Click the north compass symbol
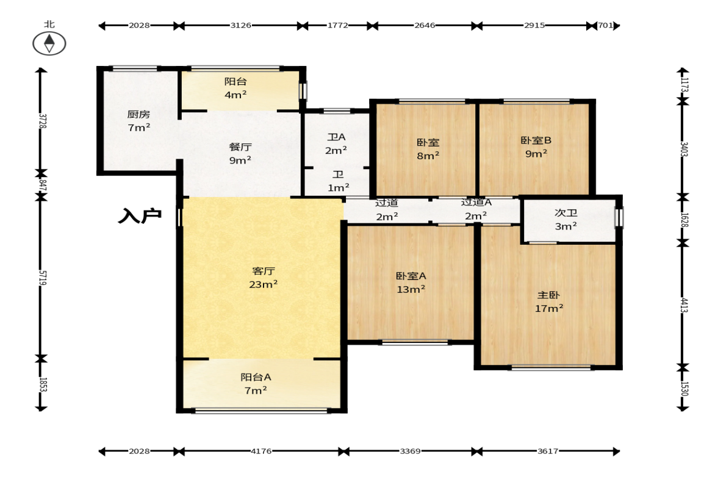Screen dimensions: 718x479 [49, 43]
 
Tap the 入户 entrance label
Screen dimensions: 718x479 [140, 215]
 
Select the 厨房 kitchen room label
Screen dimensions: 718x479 [138, 121]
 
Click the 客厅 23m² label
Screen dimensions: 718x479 [264, 278]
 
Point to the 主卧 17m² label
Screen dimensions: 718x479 [549, 302]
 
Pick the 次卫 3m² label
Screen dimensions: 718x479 [566, 219]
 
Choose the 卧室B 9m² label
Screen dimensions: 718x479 [536, 147]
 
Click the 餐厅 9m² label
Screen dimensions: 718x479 [240, 153]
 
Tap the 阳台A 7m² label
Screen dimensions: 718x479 [256, 384]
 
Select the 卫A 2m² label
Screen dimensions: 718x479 [336, 144]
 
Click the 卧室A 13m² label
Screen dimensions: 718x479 [411, 283]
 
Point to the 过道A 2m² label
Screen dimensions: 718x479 [476, 209]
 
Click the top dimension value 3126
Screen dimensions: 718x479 [240, 26]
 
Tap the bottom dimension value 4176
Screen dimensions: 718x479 [261, 451]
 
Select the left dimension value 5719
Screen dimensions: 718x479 [42, 278]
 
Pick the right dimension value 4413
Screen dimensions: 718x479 [684, 305]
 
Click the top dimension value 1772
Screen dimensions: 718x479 [337, 26]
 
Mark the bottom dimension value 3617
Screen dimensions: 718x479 [548, 451]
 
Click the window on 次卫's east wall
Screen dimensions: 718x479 [619, 217]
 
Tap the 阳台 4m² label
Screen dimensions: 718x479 [236, 88]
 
